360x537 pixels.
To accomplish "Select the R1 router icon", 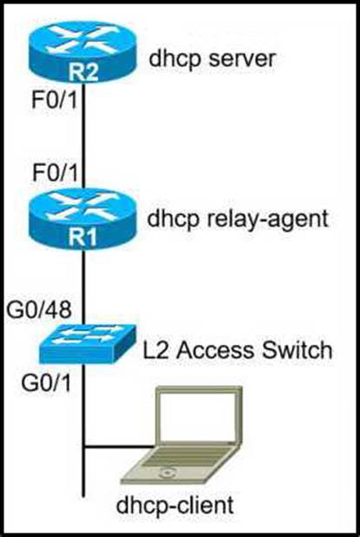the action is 83,218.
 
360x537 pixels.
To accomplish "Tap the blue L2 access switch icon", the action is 87,344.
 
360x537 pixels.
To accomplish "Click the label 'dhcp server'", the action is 212,58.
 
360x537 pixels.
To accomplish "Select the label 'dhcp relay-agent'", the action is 237,218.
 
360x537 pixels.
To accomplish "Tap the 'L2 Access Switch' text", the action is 237,350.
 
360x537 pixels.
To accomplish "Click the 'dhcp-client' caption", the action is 175,505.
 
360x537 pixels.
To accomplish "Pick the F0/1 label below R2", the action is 55,100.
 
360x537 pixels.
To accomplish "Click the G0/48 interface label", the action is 39,309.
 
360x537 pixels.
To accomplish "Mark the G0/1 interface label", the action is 46,382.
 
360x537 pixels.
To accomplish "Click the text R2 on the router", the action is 83,72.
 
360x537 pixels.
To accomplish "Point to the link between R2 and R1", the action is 83,136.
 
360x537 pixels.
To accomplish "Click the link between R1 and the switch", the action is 83,288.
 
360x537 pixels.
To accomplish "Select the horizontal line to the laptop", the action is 118,447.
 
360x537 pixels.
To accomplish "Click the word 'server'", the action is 242,58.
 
